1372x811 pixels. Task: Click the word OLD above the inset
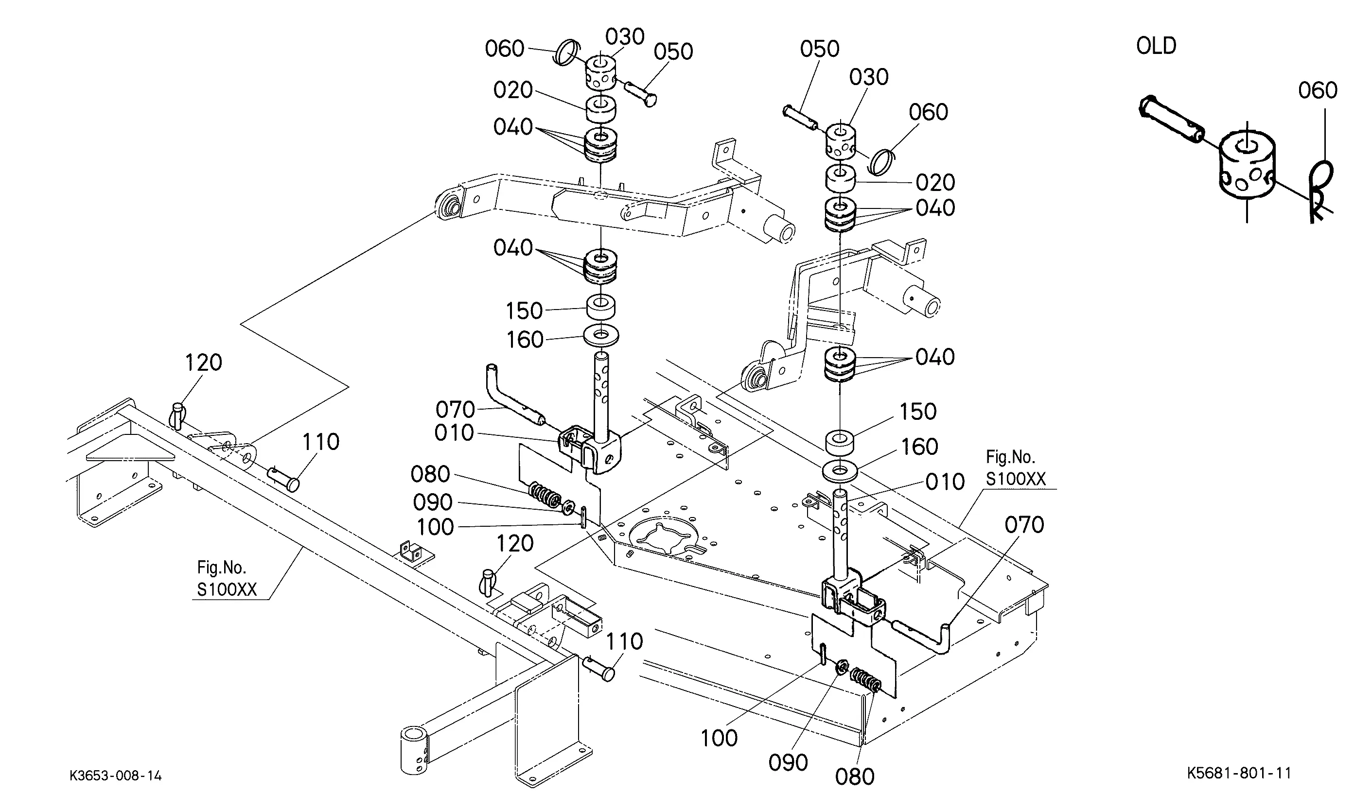1156,46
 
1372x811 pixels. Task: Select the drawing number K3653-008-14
115,776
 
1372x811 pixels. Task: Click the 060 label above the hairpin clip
1318,90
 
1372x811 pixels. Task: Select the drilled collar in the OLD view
1246,170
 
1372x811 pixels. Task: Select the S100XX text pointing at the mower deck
1016,479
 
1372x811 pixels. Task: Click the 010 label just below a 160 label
945,482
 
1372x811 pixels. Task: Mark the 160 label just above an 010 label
919,447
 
